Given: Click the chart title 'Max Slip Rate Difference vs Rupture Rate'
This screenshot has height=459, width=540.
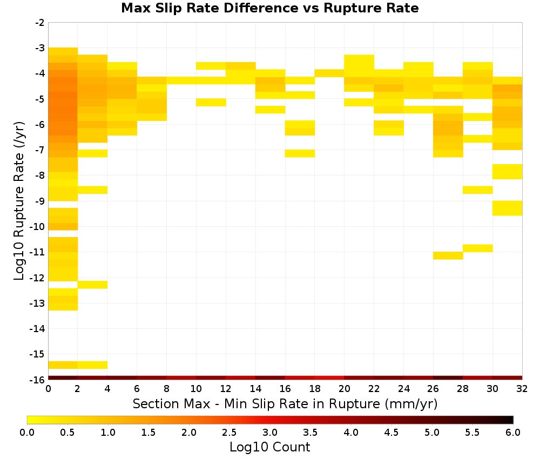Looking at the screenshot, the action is coord(269,8).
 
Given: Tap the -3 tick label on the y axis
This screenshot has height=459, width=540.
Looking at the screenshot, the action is coord(40,48).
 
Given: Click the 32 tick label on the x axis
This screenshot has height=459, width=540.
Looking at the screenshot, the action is coord(522,389).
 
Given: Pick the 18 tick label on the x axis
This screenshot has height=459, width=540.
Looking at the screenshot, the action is coord(315,389).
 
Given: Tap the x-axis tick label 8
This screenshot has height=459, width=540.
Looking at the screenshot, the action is coord(167,389).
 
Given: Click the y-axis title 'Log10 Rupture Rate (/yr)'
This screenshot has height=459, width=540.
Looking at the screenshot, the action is coord(19,201).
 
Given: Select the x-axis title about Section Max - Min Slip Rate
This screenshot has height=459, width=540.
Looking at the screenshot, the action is coord(285,404).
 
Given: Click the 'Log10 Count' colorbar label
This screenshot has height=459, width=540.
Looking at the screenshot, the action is coord(269,447).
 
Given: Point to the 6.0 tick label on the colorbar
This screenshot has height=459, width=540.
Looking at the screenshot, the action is coord(513,433).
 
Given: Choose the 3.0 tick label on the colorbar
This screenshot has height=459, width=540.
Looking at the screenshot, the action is coord(270,433).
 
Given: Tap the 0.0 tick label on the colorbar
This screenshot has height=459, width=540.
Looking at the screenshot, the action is coord(27,433).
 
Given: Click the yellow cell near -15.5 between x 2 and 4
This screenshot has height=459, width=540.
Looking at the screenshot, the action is coord(93,365).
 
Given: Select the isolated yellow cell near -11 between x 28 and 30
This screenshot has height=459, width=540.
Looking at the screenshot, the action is coord(478,248).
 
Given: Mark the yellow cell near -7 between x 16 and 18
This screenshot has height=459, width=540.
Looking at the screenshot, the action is coord(300,153).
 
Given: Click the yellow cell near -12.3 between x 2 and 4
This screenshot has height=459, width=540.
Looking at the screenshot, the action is coord(93,285).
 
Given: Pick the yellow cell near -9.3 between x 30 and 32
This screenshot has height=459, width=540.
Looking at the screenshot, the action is coord(507,208).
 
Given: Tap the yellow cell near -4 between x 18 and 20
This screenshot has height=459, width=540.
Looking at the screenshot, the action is coord(329,73).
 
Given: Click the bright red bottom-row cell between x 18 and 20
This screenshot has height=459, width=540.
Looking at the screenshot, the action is coord(329,378).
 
